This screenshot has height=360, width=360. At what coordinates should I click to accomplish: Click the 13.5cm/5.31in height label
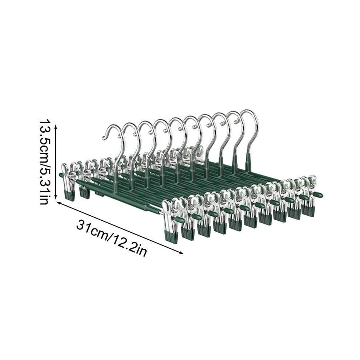[44, 161]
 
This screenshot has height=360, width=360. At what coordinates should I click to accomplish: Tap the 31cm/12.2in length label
[112, 238]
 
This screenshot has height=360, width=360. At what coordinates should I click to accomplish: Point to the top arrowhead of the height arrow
[56, 126]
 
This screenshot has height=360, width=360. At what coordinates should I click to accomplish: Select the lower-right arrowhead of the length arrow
[181, 253]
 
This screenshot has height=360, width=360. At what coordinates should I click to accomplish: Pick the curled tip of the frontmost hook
[104, 138]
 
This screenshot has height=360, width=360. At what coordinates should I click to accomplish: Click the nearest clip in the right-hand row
[171, 220]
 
